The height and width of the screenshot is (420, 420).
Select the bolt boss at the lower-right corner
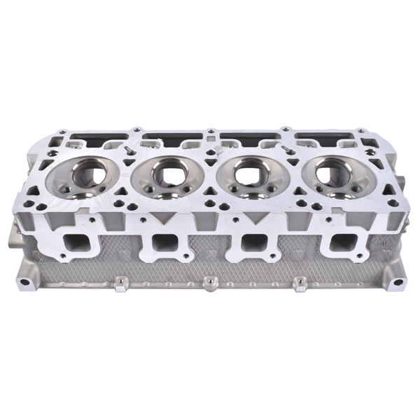pos(397,283)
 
